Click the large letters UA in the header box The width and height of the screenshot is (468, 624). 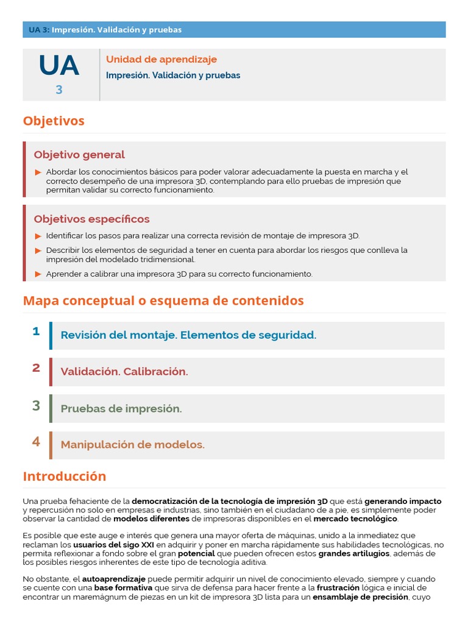(x=59, y=66)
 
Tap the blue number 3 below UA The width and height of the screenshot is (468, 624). (x=59, y=90)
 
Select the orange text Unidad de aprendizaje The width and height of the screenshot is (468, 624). (x=161, y=59)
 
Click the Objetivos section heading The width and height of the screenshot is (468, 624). (x=54, y=121)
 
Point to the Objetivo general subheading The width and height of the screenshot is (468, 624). (x=79, y=155)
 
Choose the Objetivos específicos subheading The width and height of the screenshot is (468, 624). (x=91, y=219)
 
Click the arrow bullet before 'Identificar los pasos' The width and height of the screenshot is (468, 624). (x=38, y=236)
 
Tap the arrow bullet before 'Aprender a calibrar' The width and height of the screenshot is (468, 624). (x=38, y=274)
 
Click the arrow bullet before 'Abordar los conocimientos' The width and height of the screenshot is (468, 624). (x=38, y=172)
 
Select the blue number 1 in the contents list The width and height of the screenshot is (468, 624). (x=36, y=331)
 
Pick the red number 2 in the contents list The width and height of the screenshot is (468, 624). (x=36, y=367)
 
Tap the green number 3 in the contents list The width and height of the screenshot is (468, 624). (x=36, y=405)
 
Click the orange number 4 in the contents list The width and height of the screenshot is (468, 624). (x=36, y=441)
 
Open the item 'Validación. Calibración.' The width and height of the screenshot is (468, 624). (x=124, y=372)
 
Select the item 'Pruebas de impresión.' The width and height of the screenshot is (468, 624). (x=121, y=409)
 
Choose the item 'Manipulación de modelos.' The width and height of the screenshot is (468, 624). (x=132, y=445)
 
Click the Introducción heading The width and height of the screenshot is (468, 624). (x=65, y=477)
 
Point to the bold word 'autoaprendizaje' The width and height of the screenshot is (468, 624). (x=113, y=579)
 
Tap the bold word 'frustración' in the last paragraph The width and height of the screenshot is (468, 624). (x=343, y=588)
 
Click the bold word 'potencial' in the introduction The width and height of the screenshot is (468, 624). (x=196, y=553)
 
